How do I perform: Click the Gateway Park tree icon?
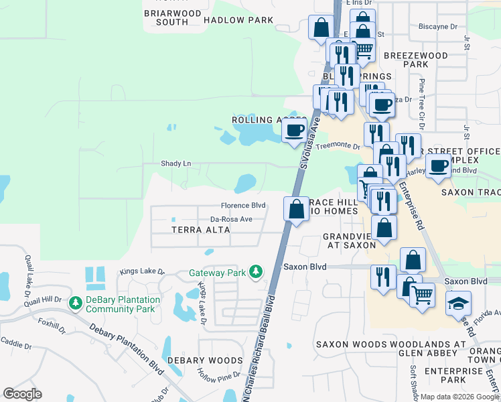tap(255, 272)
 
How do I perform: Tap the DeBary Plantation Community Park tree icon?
tap(76, 304)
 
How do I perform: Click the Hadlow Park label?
tap(238, 20)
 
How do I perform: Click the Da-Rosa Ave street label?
tap(231, 219)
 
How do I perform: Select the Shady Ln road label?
tap(175, 163)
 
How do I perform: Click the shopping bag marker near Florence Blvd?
tap(296, 208)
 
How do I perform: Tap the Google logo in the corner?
tap(22, 394)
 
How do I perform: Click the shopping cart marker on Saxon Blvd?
tap(421, 295)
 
